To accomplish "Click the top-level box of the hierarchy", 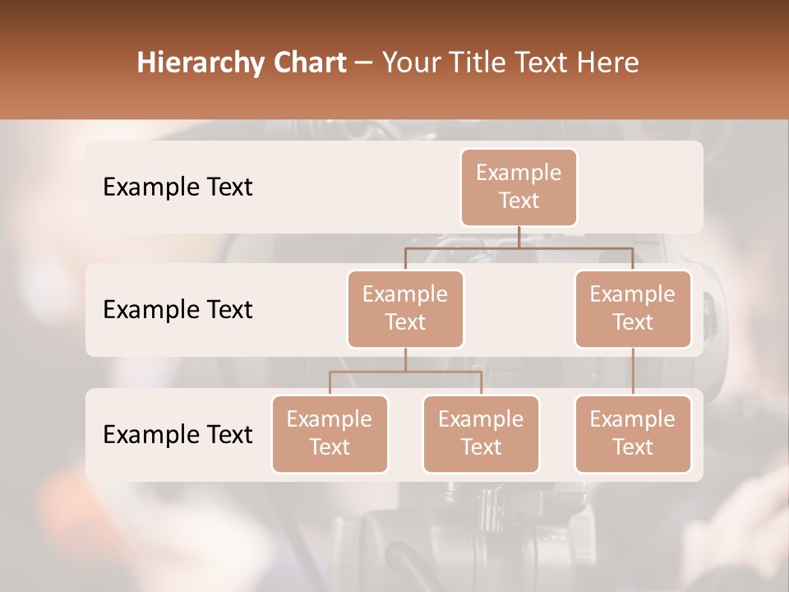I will tap(519, 187).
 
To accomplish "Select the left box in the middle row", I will tap(405, 308).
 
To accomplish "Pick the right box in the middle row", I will tap(633, 308).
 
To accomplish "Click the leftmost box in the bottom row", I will tap(330, 433).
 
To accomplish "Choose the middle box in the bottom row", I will tap(481, 433).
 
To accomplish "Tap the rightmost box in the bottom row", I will tap(633, 433).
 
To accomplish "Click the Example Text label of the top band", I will tap(178, 187).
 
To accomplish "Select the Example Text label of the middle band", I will tap(178, 310).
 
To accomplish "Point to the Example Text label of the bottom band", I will tap(178, 435).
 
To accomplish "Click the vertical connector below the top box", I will tap(519, 237).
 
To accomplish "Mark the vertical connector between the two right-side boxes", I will tap(633, 372).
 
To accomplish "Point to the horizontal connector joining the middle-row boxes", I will tap(519, 247).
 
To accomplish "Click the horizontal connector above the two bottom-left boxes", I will tap(405, 372).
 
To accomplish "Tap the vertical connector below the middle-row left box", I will tap(405, 359).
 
